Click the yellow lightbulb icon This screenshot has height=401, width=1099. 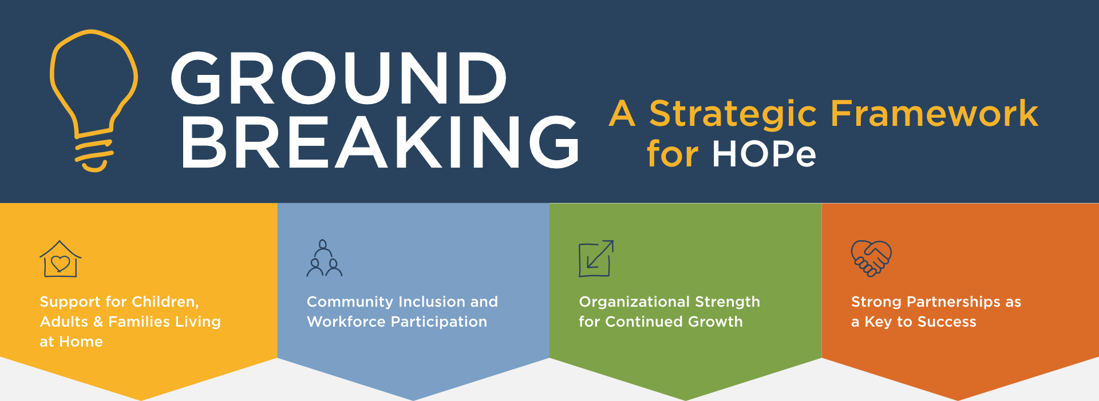93,86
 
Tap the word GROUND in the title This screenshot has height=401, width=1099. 339,78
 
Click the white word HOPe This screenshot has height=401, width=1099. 764,154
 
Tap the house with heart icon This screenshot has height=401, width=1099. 60,259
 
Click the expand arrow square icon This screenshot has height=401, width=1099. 596,258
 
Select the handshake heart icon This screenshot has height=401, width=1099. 871,258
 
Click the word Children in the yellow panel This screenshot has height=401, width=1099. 165,301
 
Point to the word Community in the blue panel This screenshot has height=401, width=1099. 350,301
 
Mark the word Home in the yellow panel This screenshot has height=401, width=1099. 81,342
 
